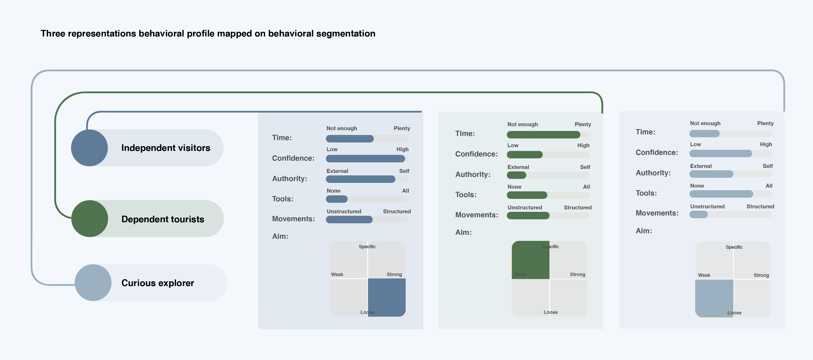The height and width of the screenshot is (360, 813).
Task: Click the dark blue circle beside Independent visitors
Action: (89, 148)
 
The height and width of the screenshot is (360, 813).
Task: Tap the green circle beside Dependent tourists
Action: (90, 219)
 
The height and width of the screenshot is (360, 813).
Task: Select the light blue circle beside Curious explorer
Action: (93, 283)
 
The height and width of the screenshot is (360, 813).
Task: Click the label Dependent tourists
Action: (163, 219)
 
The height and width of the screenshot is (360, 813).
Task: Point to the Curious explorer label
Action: (158, 283)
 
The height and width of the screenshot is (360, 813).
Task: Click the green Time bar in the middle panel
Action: (543, 135)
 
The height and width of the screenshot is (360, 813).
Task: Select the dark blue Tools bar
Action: (336, 199)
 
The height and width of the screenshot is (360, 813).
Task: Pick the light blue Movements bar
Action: (698, 214)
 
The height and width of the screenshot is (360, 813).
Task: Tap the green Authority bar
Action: (516, 175)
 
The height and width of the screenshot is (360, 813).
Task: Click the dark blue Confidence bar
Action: (365, 158)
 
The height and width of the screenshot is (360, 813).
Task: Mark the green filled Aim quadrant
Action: (531, 260)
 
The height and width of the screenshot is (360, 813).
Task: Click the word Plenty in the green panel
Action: (583, 124)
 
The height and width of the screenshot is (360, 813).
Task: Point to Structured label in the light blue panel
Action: (760, 207)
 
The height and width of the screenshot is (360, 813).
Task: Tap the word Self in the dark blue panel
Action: (404, 171)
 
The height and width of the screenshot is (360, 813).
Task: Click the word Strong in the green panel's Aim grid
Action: (577, 274)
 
